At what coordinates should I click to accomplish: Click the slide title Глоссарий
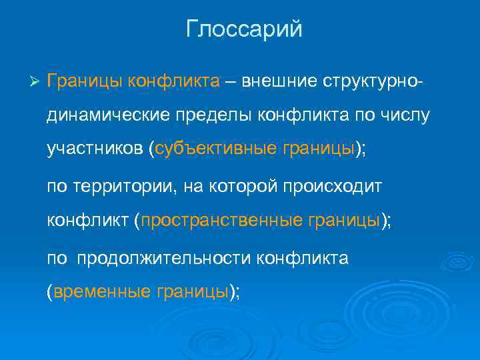click(244, 30)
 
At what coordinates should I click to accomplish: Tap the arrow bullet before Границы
click(36, 81)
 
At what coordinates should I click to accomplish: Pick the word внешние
click(277, 81)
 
